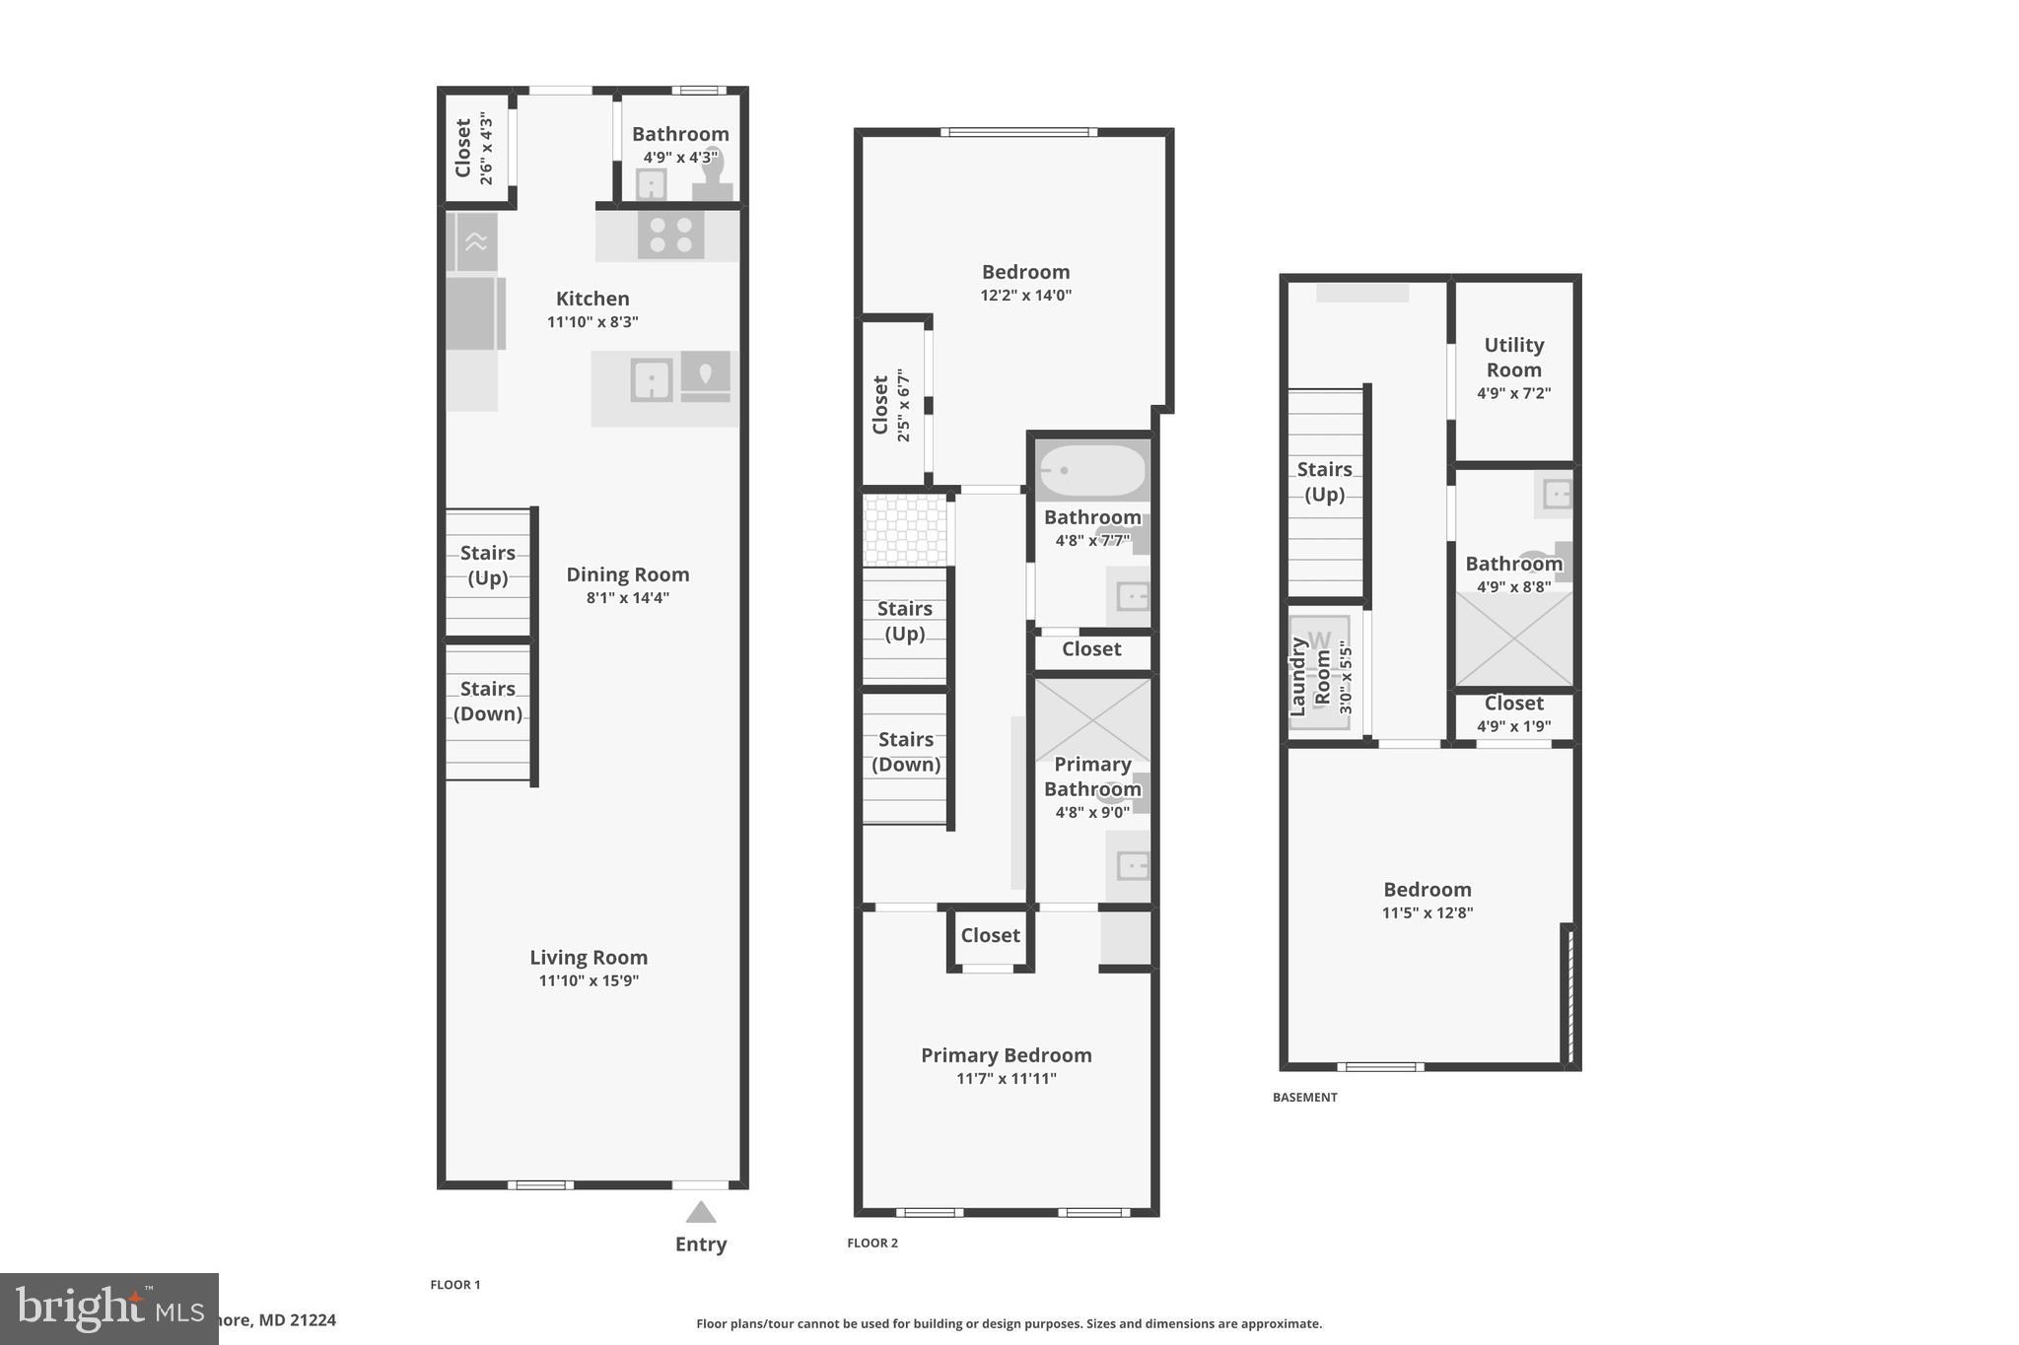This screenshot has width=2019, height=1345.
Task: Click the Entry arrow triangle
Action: (700, 1212)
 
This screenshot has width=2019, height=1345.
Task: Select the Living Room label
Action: (589, 957)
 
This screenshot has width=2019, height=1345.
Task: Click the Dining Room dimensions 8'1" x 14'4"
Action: (627, 597)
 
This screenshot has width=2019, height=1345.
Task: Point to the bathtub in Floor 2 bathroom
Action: (1092, 472)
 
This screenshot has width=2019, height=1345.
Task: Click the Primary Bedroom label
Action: (1006, 1055)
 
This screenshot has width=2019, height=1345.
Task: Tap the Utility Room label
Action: (1513, 357)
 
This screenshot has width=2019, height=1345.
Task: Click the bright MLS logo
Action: (108, 1309)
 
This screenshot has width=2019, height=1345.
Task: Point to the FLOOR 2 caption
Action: (872, 1243)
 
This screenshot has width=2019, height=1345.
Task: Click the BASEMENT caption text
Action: (1304, 1097)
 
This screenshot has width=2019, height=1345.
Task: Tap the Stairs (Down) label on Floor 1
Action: (487, 701)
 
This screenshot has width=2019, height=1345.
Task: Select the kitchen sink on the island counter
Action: (652, 379)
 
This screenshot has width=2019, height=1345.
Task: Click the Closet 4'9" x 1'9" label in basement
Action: (1513, 713)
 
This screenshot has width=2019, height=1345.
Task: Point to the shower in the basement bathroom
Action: (1513, 639)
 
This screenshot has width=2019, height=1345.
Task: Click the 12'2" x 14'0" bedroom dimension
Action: (1025, 295)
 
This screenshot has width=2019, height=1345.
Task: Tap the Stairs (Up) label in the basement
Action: (1324, 481)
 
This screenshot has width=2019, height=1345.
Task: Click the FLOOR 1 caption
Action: (455, 1284)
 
